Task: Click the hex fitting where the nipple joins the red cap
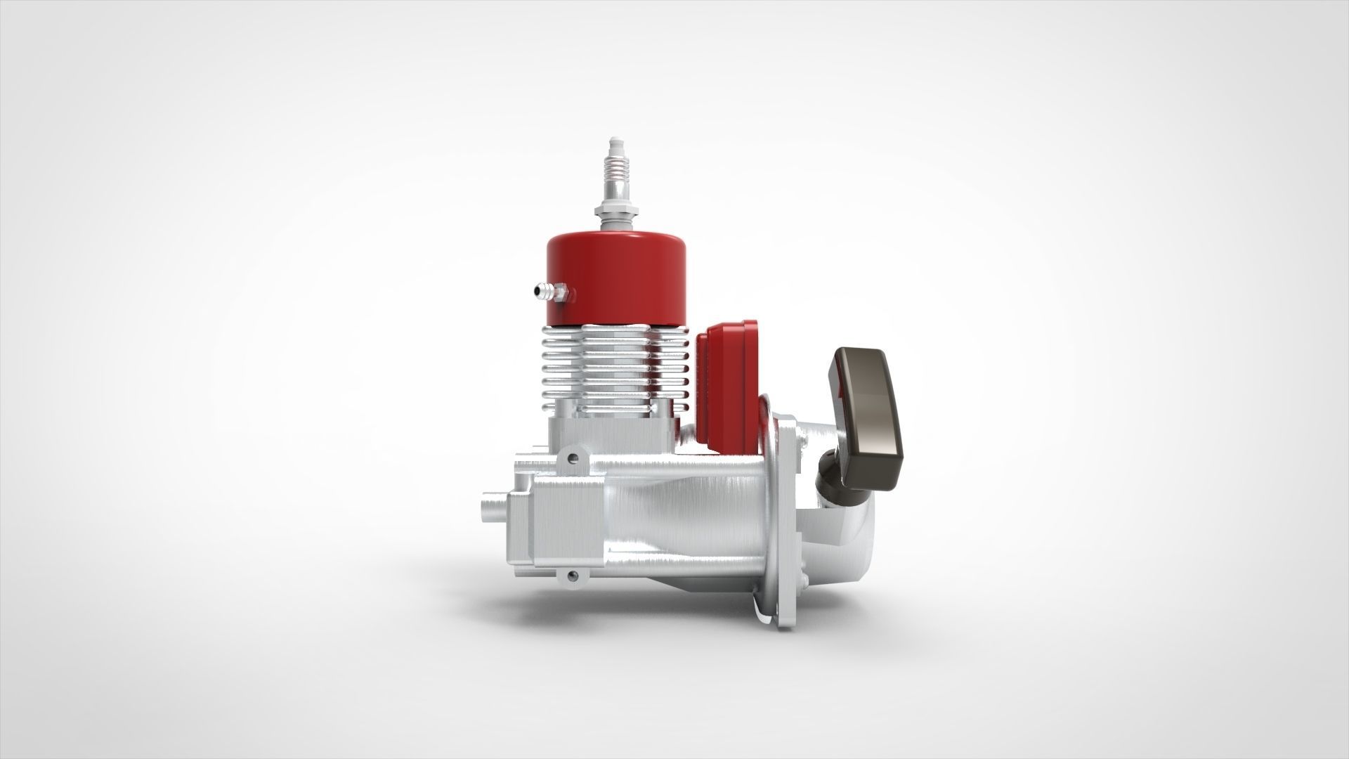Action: click(561, 290)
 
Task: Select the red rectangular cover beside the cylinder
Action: click(729, 379)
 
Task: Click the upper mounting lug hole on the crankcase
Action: click(576, 458)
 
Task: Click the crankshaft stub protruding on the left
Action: click(492, 505)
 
